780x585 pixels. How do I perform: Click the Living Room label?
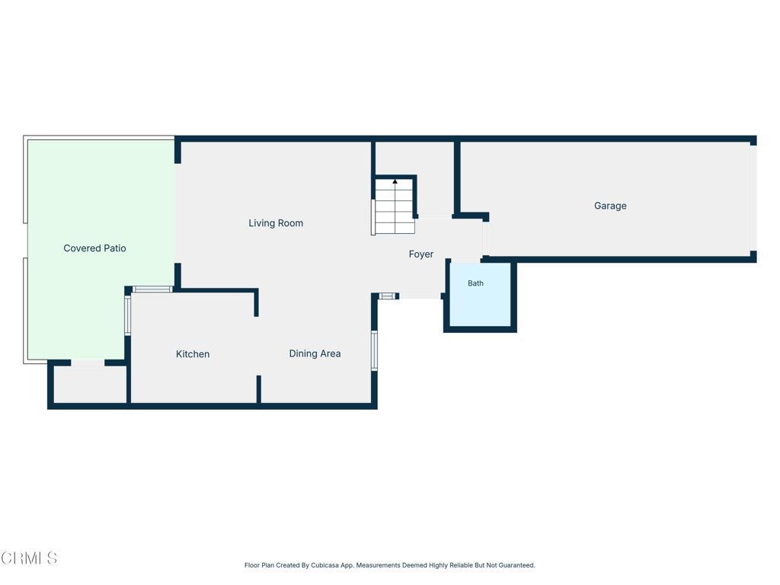coord(276,223)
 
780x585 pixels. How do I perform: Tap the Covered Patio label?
coord(94,248)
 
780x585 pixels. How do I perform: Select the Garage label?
coord(610,206)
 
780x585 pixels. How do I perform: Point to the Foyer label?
coord(420,254)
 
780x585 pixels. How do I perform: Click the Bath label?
coord(475,283)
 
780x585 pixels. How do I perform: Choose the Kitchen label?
coord(193,354)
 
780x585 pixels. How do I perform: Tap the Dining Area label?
coord(315,353)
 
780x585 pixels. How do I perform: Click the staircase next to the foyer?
coord(395,206)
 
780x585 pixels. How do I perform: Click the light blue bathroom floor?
coord(480,295)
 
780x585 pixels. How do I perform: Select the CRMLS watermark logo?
coord(29,558)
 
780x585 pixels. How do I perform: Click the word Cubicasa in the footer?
coord(324,565)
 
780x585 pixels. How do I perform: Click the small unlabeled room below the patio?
coord(90,385)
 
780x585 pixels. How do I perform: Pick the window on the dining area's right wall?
coord(375,350)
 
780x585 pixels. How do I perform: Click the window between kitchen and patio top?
coord(152,289)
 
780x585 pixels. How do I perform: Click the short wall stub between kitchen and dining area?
coord(259,389)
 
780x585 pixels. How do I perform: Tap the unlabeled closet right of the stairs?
coord(435,180)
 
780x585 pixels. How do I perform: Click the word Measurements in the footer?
coord(378,565)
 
